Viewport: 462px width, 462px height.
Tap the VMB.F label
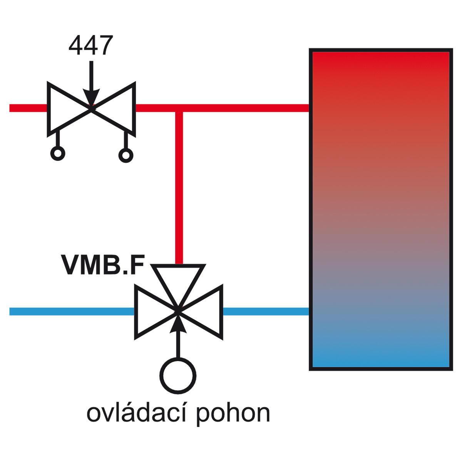[103, 264]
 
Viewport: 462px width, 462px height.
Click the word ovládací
[136, 413]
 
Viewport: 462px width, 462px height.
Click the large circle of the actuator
[178, 376]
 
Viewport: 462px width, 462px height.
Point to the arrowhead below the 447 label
[91, 97]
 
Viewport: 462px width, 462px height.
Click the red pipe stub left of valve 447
[28, 108]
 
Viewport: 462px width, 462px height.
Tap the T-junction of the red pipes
[179, 108]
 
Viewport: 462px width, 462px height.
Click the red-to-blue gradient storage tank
[381, 209]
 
